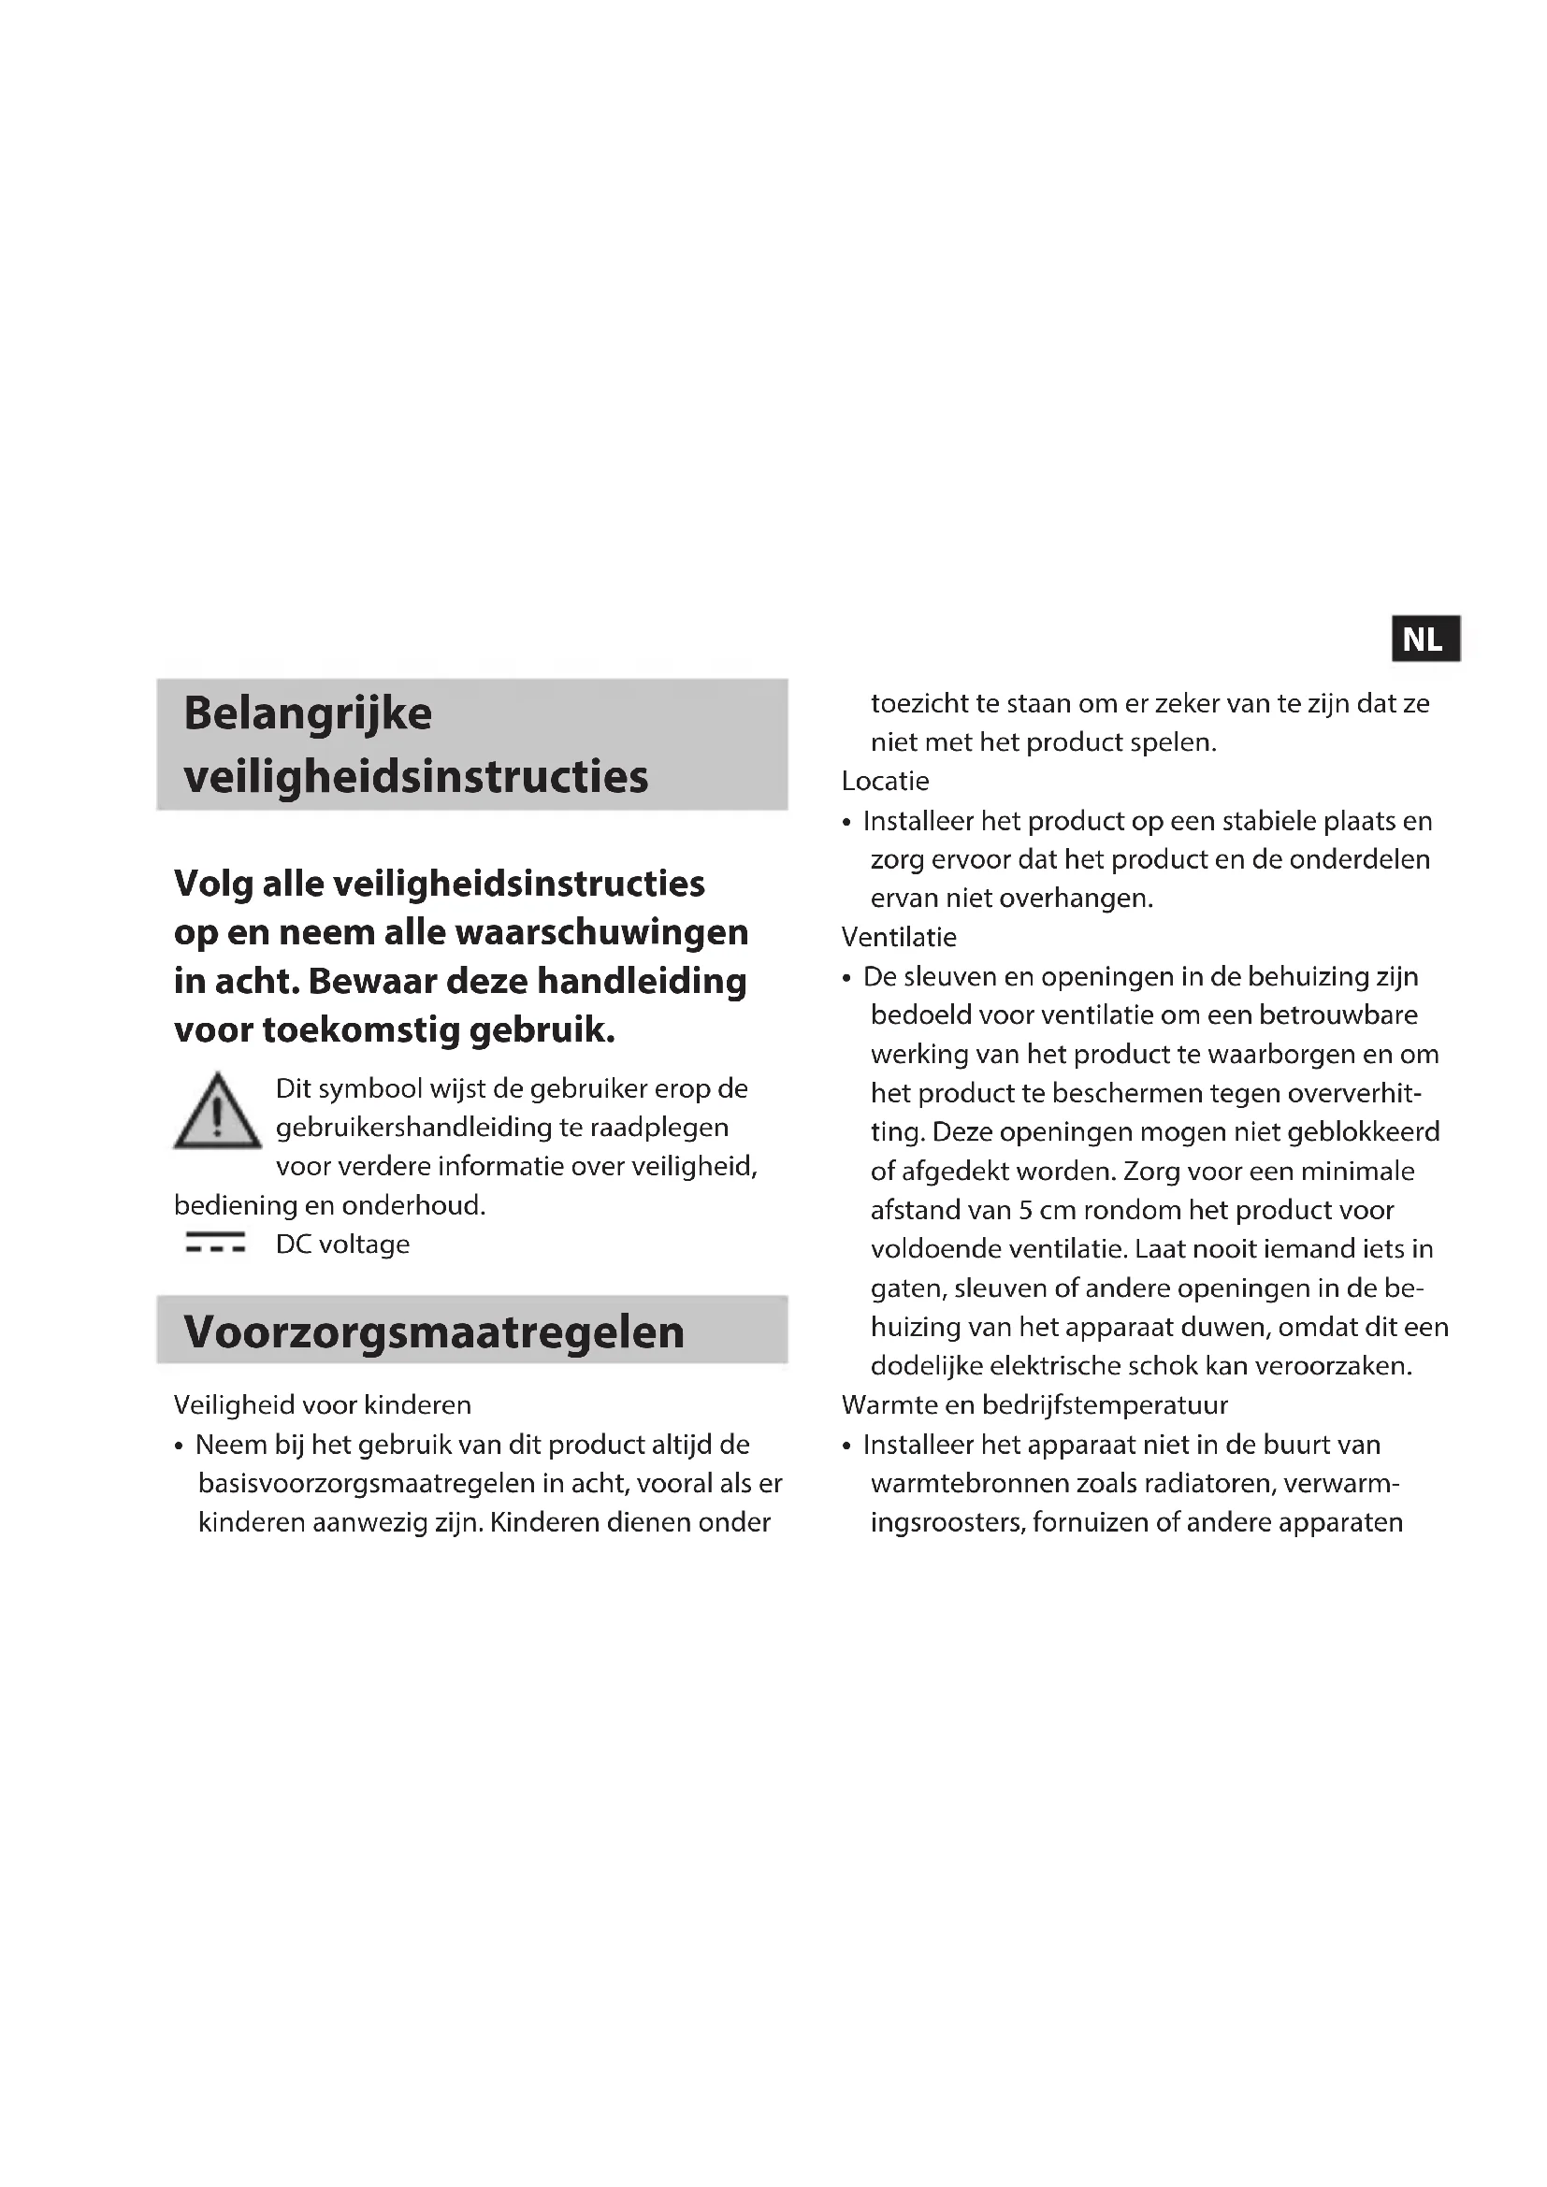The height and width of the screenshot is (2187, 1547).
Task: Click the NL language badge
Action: tap(1424, 640)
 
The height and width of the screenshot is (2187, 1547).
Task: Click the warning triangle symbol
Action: tap(217, 1112)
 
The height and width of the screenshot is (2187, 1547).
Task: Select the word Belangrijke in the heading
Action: tap(308, 713)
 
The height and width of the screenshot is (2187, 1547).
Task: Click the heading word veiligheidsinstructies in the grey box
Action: tap(415, 776)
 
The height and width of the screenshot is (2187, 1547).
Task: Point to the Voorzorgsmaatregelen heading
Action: tap(433, 1331)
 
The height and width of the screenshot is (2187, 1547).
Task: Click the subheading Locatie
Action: tap(885, 781)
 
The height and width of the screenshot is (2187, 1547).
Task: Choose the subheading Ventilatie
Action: tap(898, 937)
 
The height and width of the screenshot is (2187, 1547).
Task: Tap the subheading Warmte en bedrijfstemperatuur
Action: tap(1034, 1405)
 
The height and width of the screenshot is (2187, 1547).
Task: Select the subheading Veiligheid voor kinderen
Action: tap(322, 1405)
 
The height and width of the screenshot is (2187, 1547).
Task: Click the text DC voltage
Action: tap(343, 1244)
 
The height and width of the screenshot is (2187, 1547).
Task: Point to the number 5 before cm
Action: tap(1025, 1211)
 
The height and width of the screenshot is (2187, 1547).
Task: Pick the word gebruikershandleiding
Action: tap(413, 1128)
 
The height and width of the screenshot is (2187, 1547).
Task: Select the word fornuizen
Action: tap(1090, 1522)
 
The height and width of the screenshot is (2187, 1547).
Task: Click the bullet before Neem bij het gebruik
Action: tap(179, 1446)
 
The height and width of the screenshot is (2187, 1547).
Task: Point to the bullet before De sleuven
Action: tap(846, 978)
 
